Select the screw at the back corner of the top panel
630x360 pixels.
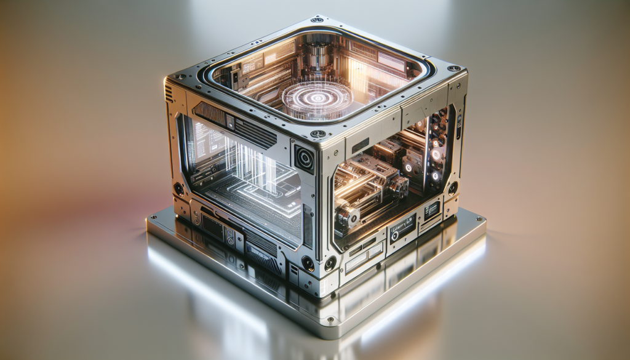[x=317, y=20]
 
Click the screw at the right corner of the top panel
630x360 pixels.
[x=453, y=68]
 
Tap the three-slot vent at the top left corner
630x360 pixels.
[x=169, y=92]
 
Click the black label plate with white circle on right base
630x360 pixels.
[x=402, y=228]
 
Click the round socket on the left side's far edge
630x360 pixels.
[x=178, y=188]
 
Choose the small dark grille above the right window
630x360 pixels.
[x=361, y=145]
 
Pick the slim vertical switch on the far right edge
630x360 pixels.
[x=459, y=126]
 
